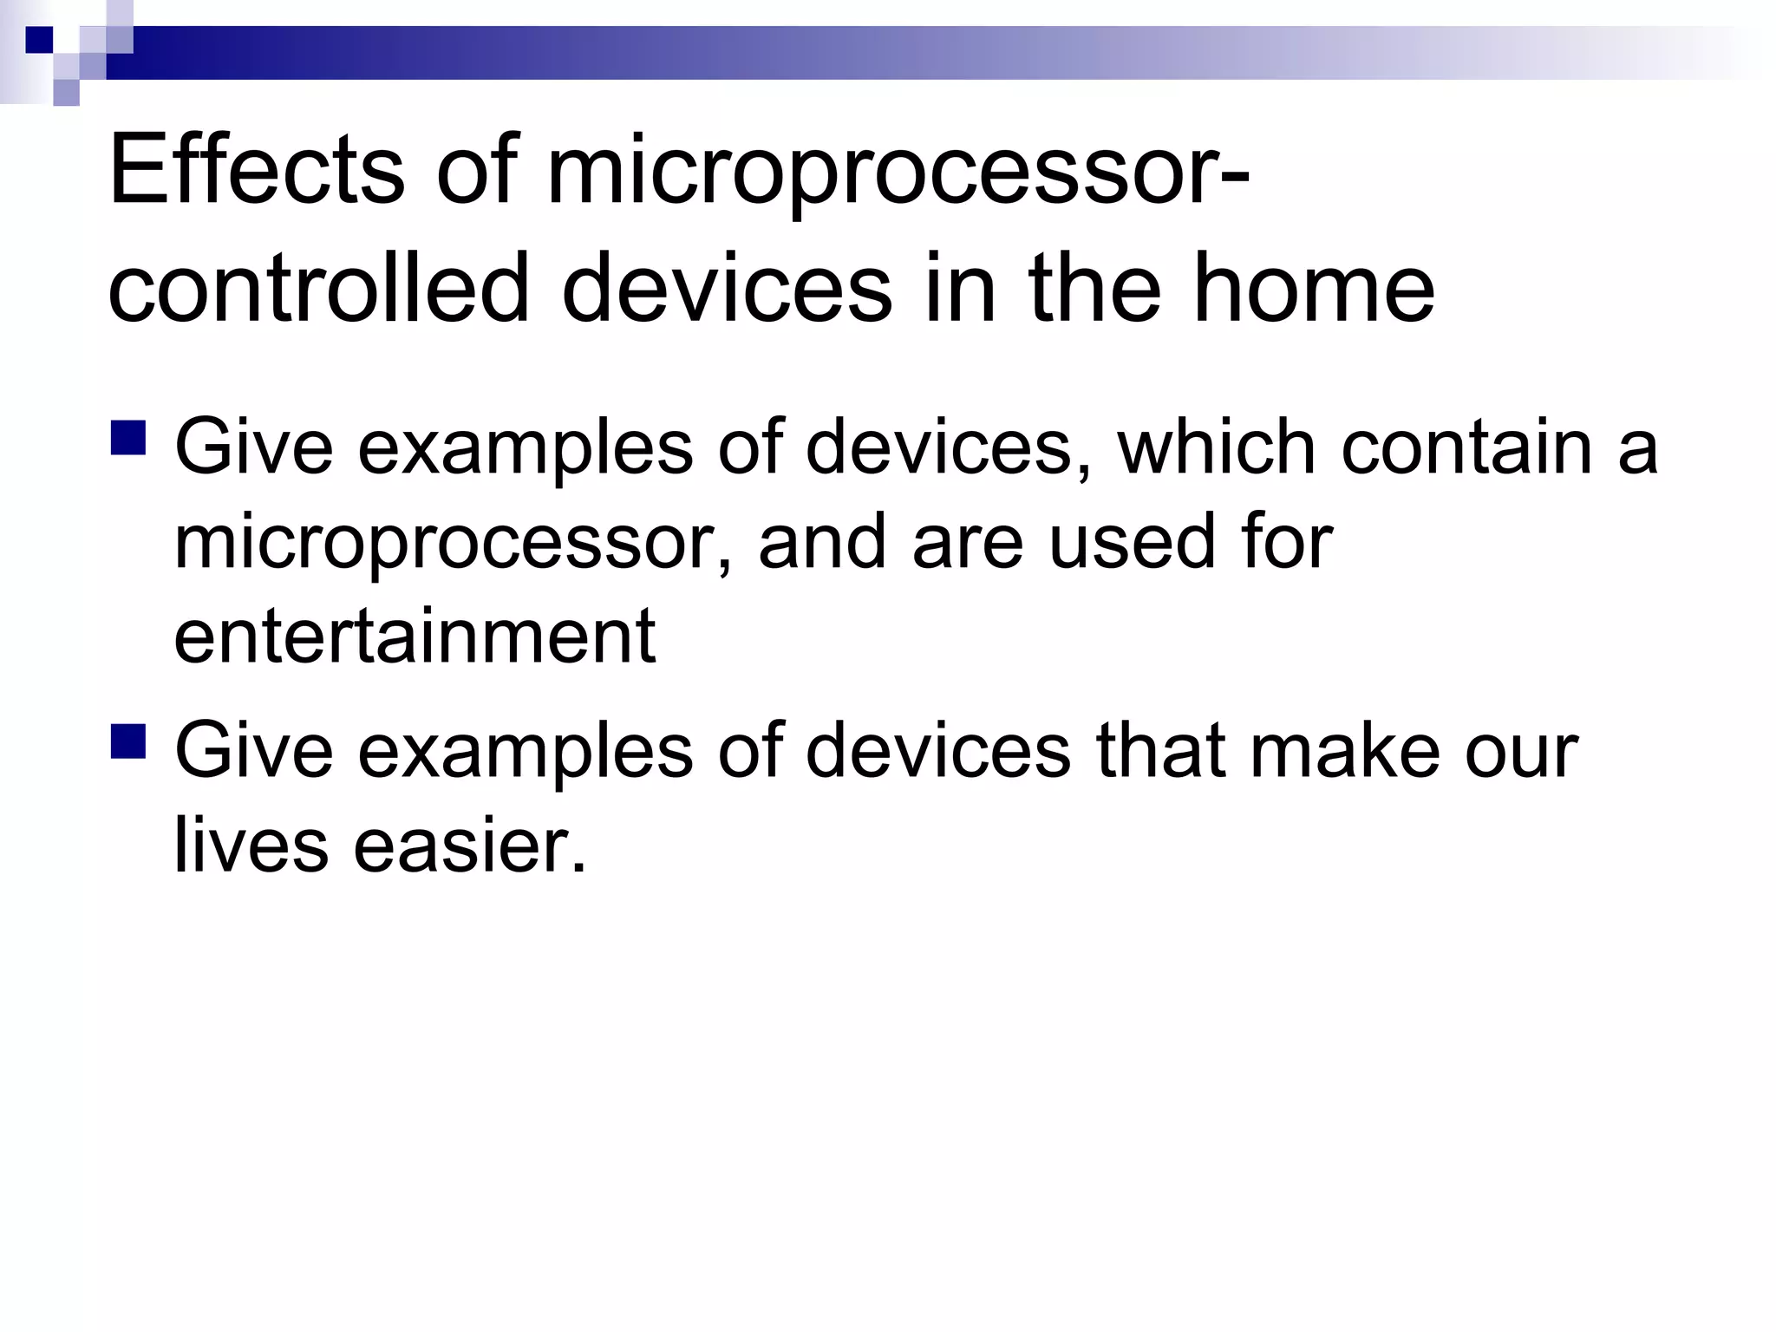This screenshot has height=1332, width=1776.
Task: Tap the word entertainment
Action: point(415,636)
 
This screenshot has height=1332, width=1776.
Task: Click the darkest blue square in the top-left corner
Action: point(40,40)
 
